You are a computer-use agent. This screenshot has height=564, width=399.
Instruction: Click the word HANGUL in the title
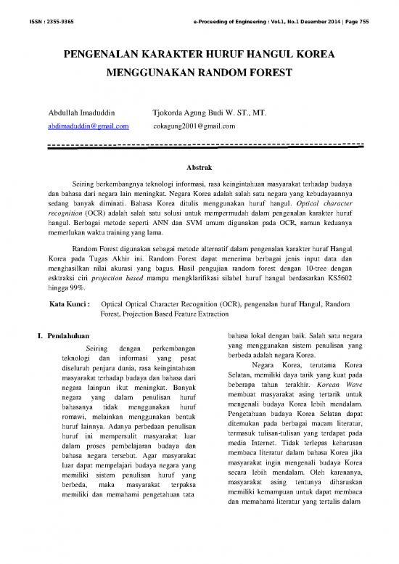click(x=247, y=55)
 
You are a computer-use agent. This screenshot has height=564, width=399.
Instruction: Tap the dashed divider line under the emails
click(x=199, y=143)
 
